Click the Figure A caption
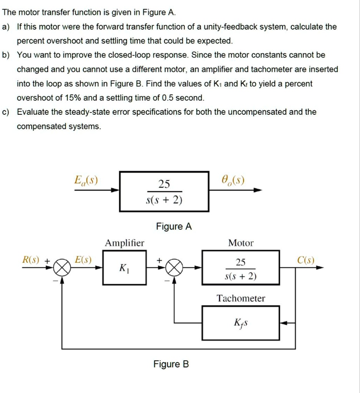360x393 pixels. point(174,226)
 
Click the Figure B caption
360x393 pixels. point(171,364)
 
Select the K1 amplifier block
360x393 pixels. point(124,268)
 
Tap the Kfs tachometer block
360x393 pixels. point(241,323)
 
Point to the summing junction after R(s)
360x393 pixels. point(62,268)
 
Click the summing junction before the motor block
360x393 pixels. point(175,268)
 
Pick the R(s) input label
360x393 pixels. point(31,260)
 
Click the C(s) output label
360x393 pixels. point(306,260)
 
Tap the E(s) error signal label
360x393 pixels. point(83,260)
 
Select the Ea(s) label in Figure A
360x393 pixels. point(86,180)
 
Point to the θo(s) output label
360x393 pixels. point(233,180)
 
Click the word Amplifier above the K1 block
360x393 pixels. point(125,243)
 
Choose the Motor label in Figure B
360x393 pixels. point(241,243)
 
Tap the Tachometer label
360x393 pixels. point(241,298)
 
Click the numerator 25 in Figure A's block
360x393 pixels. point(164,184)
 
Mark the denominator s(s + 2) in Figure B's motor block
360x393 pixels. point(241,276)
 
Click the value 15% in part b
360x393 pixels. point(73,98)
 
